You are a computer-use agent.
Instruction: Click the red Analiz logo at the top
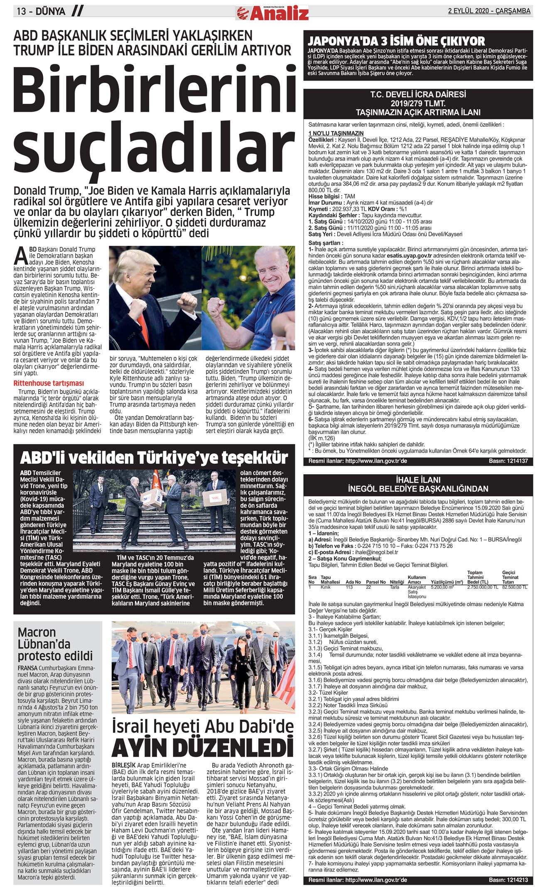[x=272, y=13]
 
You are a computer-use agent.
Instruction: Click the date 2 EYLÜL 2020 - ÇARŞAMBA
[x=489, y=11]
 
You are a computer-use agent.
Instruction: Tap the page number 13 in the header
[x=22, y=12]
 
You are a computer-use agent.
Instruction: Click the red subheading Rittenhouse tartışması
[x=49, y=383]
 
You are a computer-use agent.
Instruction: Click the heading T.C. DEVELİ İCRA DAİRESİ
[x=418, y=95]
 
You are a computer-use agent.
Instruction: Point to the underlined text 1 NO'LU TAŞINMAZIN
[x=336, y=133]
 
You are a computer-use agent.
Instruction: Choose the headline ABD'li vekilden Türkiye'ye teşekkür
[x=154, y=458]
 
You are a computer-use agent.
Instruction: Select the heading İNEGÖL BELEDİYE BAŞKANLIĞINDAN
[x=418, y=489]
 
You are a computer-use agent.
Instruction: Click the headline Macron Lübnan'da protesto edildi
[x=55, y=644]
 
